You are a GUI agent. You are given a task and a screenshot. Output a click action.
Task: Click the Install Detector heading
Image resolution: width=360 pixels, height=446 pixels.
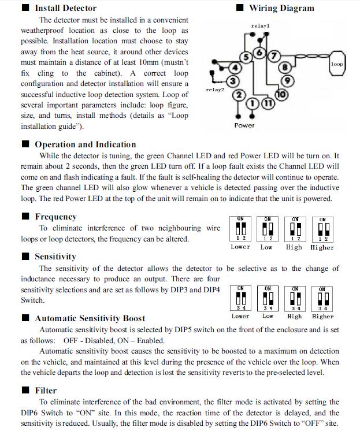coord(65,8)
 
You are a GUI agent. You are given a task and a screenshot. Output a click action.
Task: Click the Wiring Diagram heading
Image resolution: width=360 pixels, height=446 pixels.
coord(281,8)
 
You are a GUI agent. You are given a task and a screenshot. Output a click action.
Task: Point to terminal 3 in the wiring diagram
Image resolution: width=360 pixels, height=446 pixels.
coord(233,81)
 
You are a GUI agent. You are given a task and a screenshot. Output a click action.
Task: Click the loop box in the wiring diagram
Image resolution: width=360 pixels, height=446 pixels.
coord(337,64)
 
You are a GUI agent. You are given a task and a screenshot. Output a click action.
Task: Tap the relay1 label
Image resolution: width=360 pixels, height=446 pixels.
coord(260,26)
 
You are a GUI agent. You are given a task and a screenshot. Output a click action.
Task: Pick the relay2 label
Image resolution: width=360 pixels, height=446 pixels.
coord(215,90)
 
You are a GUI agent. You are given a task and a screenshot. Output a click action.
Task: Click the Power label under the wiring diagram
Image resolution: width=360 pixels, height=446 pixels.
coord(244,125)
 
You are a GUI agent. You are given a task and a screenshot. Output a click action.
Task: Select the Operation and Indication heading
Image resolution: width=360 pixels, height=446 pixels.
coord(86,144)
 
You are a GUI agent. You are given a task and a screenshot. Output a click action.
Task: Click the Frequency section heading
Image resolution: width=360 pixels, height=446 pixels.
coord(55,217)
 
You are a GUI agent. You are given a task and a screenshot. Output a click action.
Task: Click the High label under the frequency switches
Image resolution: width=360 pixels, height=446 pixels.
coord(294,247)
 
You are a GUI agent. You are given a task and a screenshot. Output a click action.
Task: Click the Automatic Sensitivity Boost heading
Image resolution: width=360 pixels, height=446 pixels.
coord(90,318)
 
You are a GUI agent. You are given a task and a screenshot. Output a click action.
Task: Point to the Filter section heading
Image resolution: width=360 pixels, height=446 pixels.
coord(46,391)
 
